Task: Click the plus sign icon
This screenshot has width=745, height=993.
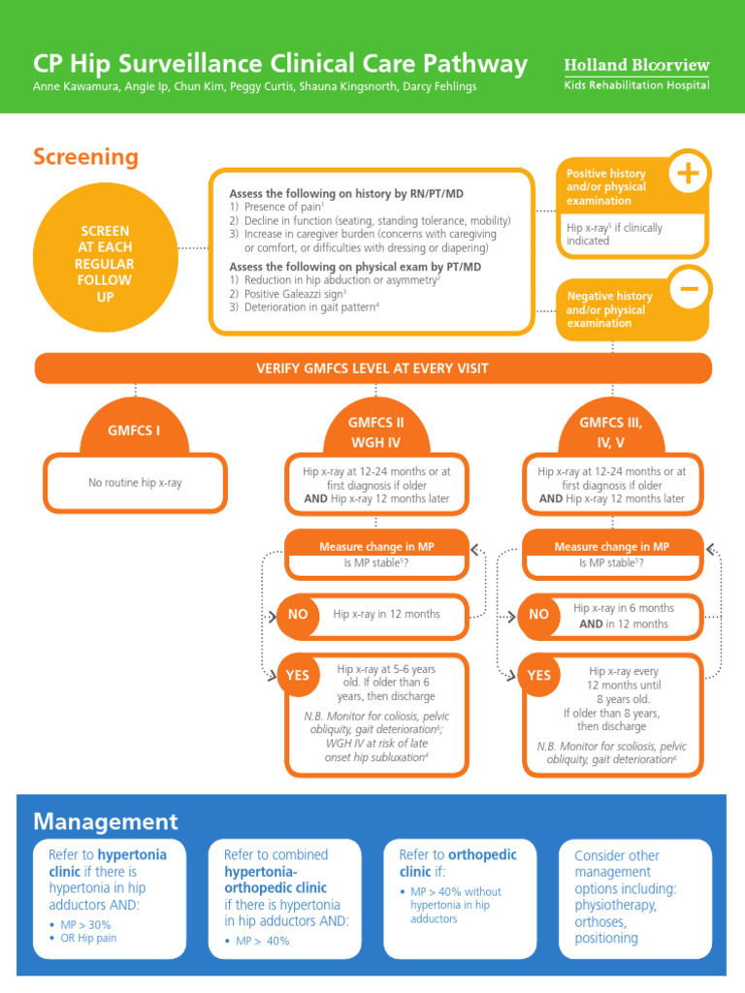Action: tap(690, 174)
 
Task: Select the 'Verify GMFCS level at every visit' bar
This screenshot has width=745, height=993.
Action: tap(372, 368)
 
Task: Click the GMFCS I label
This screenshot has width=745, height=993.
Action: tap(134, 430)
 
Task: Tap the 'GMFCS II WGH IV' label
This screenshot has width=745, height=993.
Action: tap(375, 432)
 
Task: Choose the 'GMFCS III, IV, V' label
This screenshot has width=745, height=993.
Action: tap(610, 432)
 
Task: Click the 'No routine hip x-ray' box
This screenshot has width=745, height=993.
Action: tap(135, 482)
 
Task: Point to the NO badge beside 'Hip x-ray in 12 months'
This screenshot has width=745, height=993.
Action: tap(298, 614)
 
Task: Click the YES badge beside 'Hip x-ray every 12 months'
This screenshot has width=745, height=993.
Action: tap(538, 675)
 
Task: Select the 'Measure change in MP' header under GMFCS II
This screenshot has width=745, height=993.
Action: tap(376, 547)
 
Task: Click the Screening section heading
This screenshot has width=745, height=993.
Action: tap(85, 157)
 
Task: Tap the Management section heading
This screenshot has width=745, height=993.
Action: tap(106, 821)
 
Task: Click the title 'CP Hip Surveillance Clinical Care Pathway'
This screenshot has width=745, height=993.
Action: tap(280, 64)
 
